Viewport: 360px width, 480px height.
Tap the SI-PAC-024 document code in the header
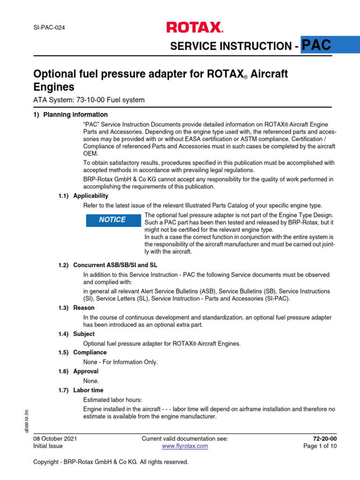(49, 28)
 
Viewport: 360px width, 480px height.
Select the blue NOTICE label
(113, 220)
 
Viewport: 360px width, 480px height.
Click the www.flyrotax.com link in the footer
(185, 446)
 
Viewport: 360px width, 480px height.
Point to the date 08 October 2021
(55, 439)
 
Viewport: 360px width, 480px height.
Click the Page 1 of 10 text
(320, 446)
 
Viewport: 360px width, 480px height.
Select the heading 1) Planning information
(70, 115)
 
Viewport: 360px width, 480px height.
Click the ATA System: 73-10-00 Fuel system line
(89, 100)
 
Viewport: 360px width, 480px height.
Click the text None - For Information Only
(120, 362)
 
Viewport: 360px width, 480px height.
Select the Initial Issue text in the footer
(47, 446)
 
